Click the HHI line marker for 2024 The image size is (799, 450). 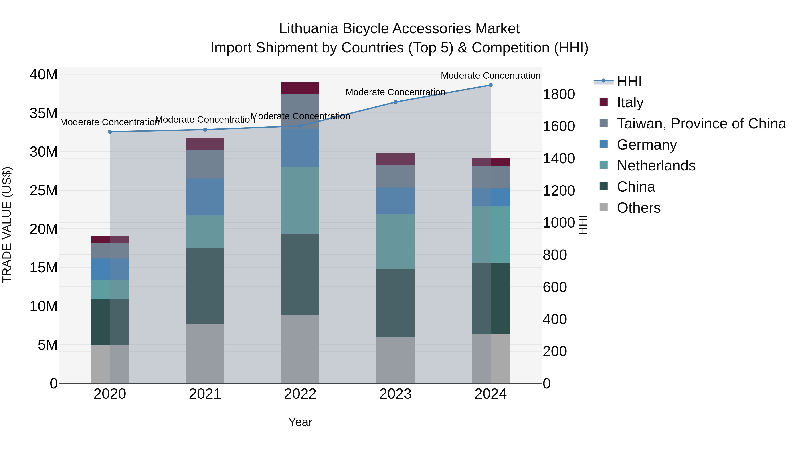point(490,85)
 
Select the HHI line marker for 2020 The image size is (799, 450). point(110,132)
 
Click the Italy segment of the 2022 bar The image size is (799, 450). point(300,88)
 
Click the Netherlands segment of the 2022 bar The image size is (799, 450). point(300,200)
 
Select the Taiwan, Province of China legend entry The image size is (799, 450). point(701,124)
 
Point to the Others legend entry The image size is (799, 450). point(638,208)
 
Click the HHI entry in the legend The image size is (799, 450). point(629,81)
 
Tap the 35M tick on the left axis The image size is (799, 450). point(44,113)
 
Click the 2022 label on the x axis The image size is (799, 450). point(300,394)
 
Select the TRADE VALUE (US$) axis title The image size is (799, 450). point(7,225)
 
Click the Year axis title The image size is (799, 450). point(300,422)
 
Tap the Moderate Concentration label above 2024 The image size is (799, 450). point(490,76)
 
